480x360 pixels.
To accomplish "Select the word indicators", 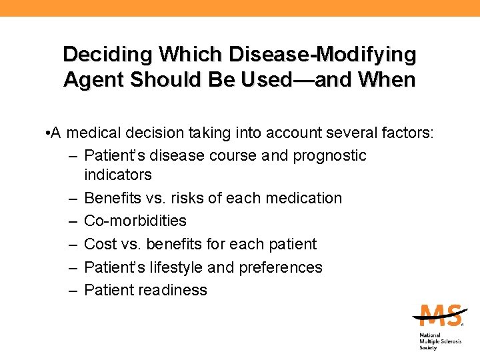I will coord(118,175).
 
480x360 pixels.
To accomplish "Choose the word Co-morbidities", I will coord(135,221).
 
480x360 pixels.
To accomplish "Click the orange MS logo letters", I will coord(438,315).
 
